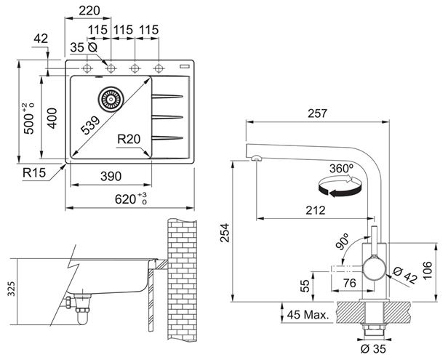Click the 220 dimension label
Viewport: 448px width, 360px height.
[x=89, y=11]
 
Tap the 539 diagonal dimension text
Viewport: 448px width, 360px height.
[x=91, y=125]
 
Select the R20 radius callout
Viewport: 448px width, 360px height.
[x=129, y=139]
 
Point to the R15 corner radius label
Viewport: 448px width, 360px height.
[x=34, y=172]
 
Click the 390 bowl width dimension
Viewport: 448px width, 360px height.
[x=111, y=176]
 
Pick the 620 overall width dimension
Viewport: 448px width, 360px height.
[x=131, y=199]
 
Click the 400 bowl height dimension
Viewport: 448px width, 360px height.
[x=52, y=118]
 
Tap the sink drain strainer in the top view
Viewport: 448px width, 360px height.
[x=111, y=99]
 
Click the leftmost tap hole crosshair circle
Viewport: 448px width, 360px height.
[x=87, y=68]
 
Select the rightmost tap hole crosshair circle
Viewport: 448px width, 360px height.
[x=159, y=68]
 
